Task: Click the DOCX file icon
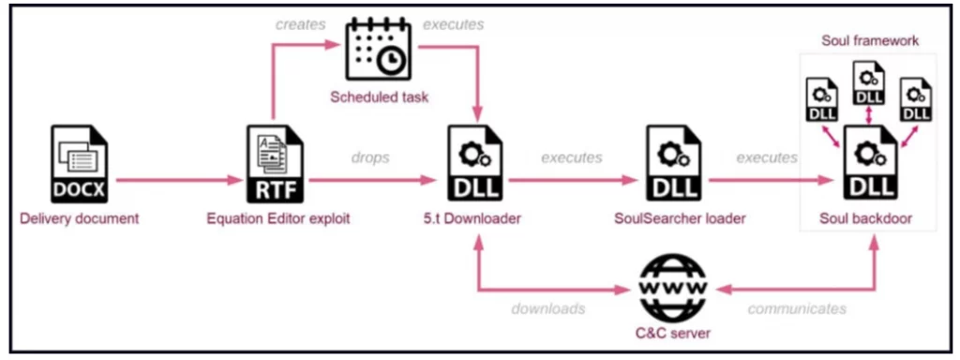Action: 79,163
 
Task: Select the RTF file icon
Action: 275,163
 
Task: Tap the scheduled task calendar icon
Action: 379,50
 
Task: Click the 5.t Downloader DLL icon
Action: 476,163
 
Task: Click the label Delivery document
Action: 80,218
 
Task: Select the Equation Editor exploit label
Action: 277,218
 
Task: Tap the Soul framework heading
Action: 870,41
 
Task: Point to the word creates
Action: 300,25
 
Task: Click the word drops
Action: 370,157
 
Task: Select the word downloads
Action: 547,309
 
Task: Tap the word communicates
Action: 797,309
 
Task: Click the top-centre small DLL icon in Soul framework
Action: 869,84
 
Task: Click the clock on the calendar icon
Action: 391,60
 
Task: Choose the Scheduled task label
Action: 379,97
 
